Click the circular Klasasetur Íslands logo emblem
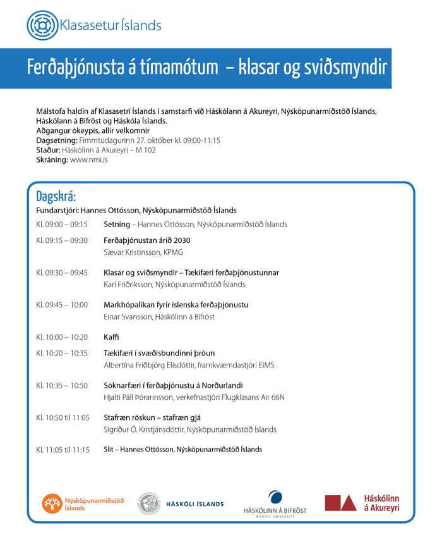[x=42, y=25]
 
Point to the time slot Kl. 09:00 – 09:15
[x=62, y=224]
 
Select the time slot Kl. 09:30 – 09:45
[x=62, y=273]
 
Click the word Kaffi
[x=111, y=337]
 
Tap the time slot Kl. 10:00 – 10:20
[x=62, y=337]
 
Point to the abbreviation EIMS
[x=265, y=365]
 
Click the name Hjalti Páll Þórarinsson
[x=142, y=397]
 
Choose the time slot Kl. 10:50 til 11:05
[x=63, y=417]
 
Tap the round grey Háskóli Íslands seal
[x=150, y=503]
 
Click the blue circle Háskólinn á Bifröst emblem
[x=275, y=497]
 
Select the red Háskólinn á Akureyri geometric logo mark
[x=340, y=503]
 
